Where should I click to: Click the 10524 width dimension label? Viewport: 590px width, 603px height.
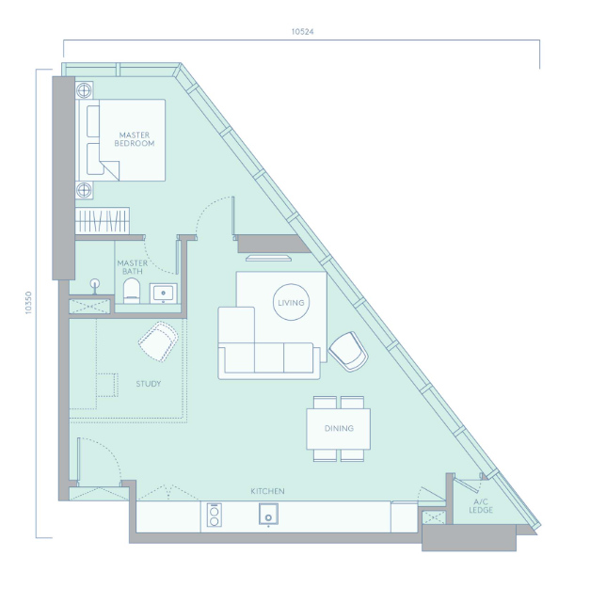302,32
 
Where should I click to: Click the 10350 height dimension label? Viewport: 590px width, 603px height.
28,303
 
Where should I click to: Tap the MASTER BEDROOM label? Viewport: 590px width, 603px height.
135,139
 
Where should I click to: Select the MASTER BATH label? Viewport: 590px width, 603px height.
133,267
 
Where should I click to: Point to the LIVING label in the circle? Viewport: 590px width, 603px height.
291,303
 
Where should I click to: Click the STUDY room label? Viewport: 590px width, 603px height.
149,384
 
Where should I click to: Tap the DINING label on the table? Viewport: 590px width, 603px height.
339,428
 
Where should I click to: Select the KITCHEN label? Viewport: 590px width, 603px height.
267,491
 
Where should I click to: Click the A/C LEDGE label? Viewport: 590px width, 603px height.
481,506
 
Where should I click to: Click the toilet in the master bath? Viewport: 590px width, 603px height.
132,291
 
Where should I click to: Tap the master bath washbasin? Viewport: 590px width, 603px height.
163,294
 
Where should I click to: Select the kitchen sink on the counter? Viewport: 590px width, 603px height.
268,515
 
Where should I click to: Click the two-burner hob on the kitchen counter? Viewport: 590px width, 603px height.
214,515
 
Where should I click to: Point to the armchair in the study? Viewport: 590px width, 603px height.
158,341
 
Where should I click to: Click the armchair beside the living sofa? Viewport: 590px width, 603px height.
348,352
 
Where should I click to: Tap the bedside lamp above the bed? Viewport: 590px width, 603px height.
84,90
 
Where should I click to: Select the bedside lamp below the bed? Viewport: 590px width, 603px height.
84,190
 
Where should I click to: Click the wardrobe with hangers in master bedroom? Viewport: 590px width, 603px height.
102,221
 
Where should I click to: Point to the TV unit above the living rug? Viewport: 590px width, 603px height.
268,258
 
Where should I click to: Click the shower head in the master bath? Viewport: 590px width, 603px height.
95,286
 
